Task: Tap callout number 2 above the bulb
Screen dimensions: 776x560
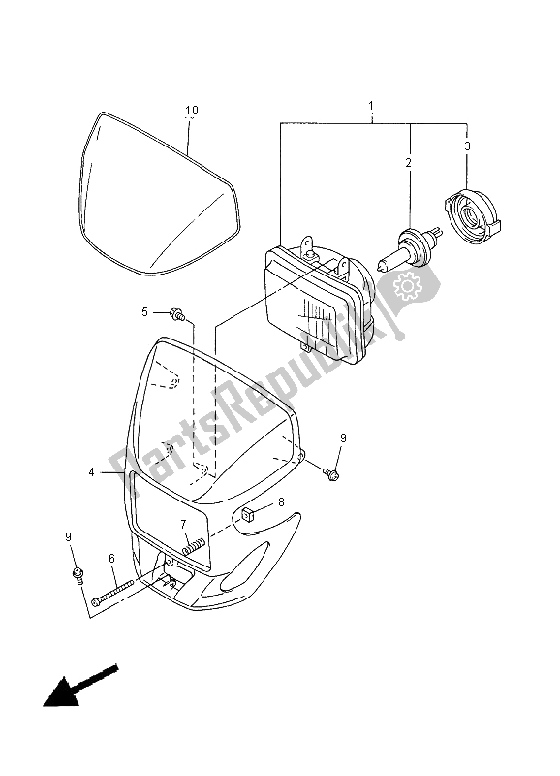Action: (x=409, y=162)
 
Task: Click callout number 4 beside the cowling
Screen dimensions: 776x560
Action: (x=92, y=472)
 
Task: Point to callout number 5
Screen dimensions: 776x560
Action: (x=144, y=312)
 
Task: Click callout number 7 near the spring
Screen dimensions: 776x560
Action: (x=183, y=525)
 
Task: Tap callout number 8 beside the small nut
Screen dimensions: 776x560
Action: (x=281, y=501)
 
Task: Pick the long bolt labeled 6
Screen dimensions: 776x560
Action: (x=123, y=591)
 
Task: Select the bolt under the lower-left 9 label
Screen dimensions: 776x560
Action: (x=77, y=578)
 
